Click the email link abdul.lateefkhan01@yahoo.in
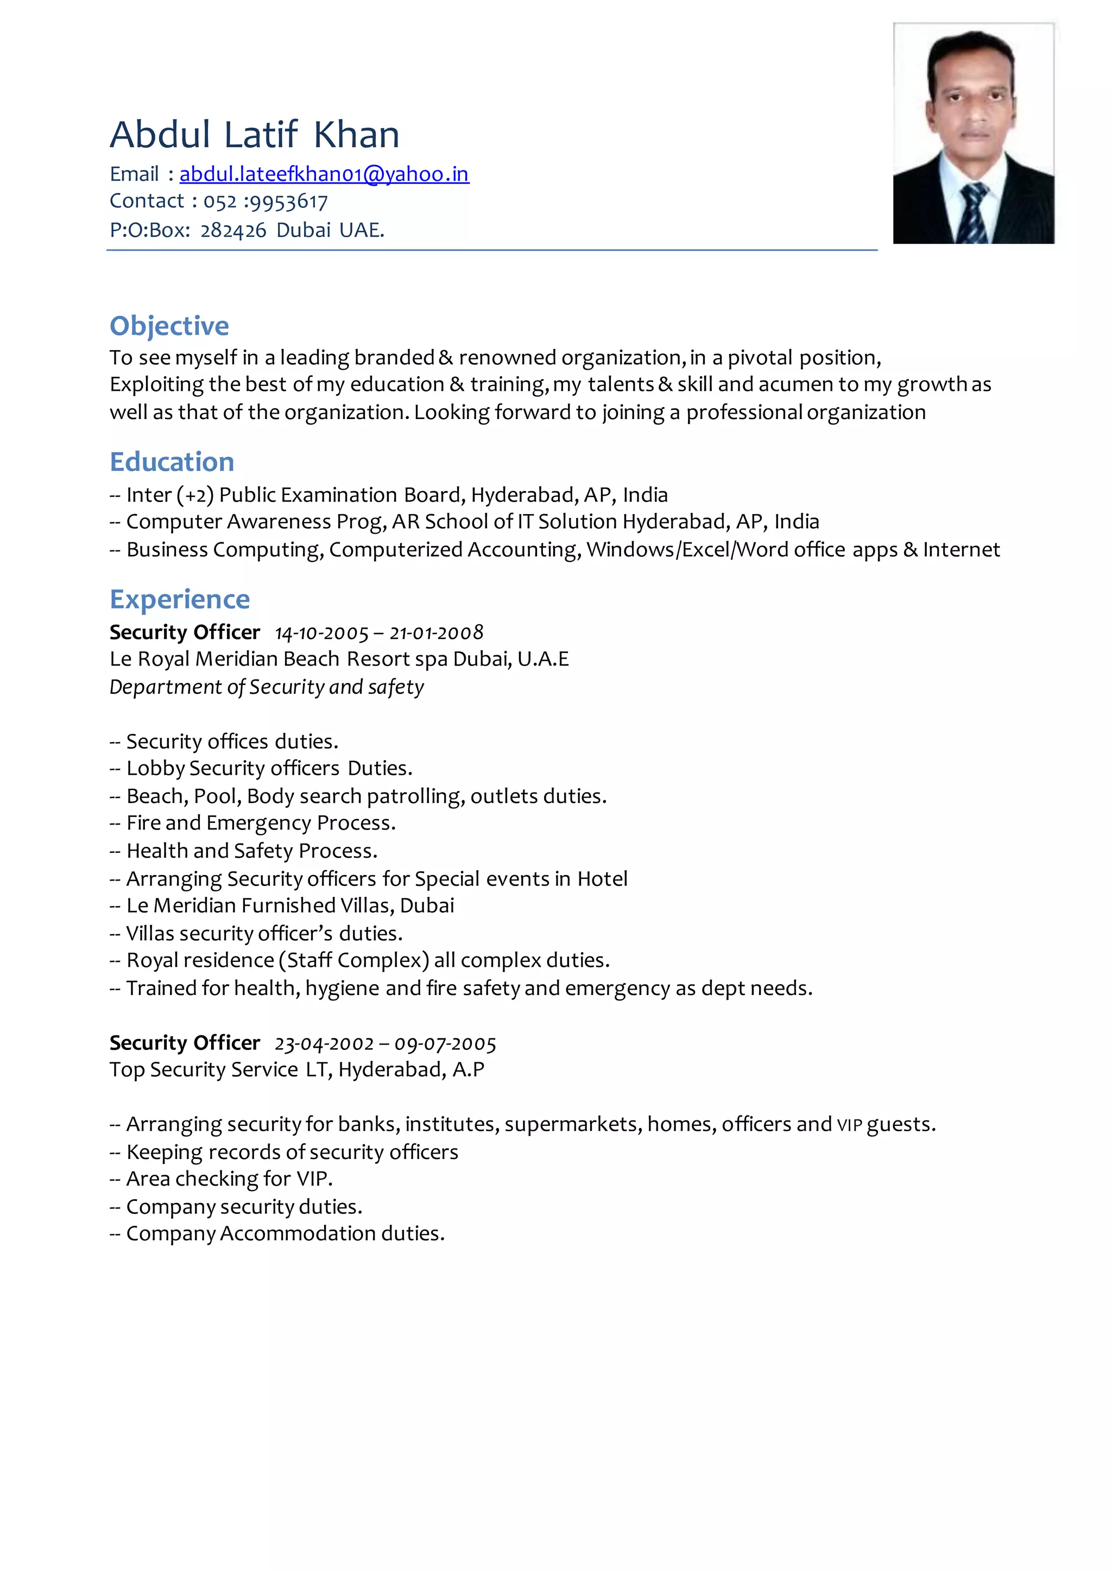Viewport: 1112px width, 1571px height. tap(324, 175)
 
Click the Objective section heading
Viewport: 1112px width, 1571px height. tap(169, 326)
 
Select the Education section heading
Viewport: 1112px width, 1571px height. tap(172, 462)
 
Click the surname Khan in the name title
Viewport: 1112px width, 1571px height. tap(357, 135)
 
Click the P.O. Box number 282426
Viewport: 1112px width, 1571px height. tap(233, 231)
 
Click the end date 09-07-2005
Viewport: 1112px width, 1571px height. tap(445, 1044)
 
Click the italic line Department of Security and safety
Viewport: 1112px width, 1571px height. tap(267, 687)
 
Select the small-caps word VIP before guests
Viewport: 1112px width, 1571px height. tap(849, 1125)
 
